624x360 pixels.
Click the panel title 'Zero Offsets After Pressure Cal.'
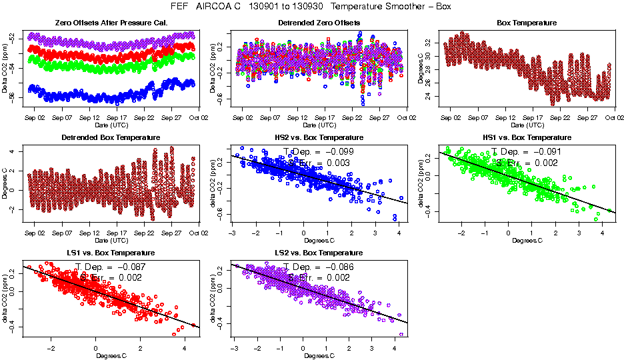point(111,23)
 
